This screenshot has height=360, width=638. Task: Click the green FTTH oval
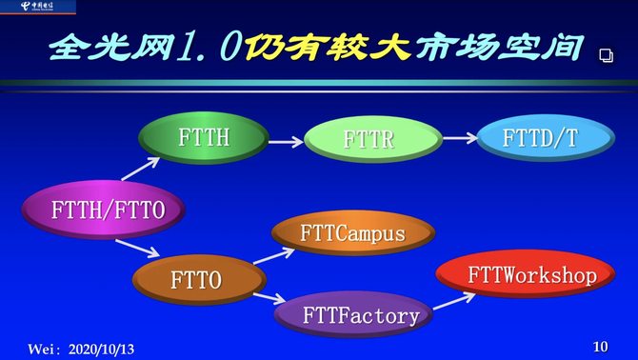point(203,139)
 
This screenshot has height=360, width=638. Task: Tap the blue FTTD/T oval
point(540,139)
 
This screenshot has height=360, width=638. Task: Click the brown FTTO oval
point(196,280)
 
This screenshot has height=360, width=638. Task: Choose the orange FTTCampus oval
point(352,233)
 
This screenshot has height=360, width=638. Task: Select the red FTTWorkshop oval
point(518,276)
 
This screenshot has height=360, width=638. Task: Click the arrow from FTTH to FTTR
point(285,142)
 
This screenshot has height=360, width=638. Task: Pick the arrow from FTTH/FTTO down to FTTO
point(138,250)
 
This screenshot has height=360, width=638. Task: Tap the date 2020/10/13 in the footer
point(101,350)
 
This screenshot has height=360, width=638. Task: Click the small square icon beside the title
point(606,56)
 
